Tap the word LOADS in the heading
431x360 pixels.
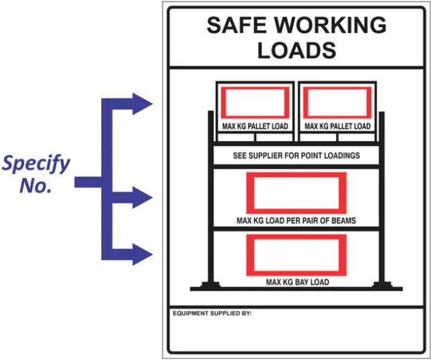[297, 50]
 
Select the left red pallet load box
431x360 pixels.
[254, 104]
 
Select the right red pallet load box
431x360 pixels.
[337, 104]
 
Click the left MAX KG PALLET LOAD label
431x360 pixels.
[254, 127]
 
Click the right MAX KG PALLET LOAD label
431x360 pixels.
[337, 127]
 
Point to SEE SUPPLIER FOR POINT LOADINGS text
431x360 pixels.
[296, 156]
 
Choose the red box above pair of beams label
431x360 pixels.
[296, 192]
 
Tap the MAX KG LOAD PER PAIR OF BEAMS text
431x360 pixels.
[296, 221]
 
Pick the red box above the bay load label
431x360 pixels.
[296, 255]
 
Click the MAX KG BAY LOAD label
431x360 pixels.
[296, 282]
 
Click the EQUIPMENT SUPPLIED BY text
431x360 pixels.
[211, 314]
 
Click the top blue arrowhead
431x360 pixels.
[143, 104]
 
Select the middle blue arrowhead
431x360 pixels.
[143, 198]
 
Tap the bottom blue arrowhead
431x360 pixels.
[143, 254]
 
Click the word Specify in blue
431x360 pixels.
[35, 165]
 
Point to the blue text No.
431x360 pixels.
[36, 186]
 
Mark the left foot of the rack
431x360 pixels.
[207, 285]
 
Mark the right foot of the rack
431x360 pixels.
[382, 285]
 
